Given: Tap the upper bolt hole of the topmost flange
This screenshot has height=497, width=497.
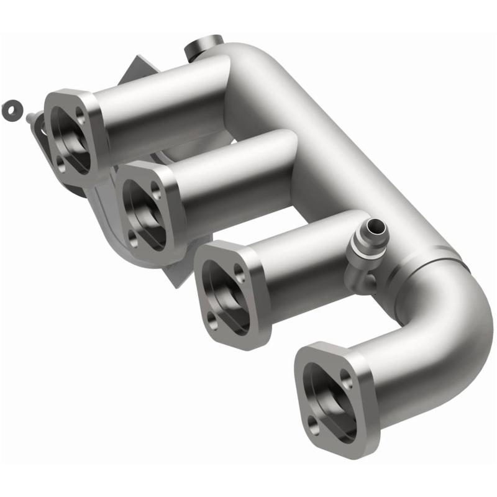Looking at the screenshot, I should point(80,113).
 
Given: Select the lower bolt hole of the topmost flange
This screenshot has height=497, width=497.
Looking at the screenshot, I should point(60,163).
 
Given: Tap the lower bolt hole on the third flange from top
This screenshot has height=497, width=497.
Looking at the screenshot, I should point(212,319).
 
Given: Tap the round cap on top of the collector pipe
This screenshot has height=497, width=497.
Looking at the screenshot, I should point(203,45).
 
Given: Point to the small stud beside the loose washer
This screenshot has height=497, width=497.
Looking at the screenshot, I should point(32,116).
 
